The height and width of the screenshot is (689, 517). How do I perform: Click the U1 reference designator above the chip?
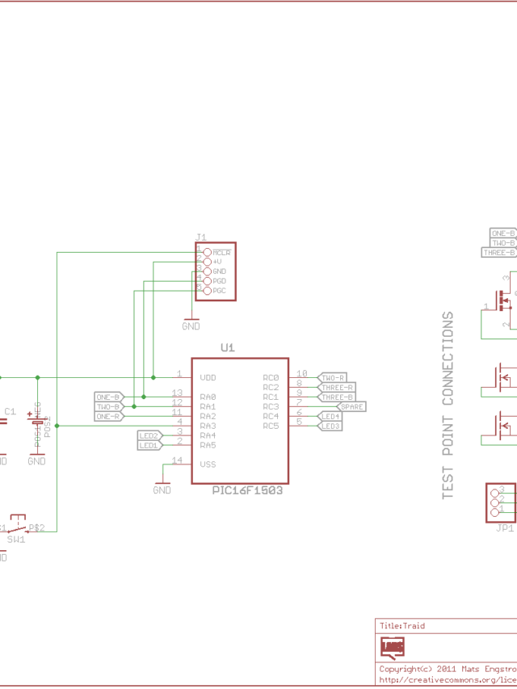pos(228,347)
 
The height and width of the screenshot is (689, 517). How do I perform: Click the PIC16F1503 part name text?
pos(247,490)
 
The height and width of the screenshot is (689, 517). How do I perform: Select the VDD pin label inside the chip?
pos(208,377)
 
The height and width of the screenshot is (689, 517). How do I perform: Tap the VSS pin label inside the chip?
pos(208,464)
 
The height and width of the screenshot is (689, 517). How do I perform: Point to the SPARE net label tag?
pos(351,406)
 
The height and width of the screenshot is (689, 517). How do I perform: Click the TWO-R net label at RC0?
pos(333,377)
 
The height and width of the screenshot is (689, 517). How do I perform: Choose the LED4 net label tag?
pos(330,416)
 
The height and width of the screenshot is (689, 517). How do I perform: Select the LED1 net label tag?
pos(149,445)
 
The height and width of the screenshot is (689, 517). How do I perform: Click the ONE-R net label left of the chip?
pos(108,416)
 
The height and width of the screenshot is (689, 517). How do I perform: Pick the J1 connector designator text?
pos(201,237)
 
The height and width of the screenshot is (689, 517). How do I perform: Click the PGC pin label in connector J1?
pos(219,290)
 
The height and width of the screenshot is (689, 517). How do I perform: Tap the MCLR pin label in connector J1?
pos(221,253)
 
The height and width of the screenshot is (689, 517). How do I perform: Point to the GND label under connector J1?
pos(191,326)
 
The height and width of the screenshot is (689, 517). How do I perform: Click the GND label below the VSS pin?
pos(162,490)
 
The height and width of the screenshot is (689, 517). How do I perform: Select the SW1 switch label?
pos(16,539)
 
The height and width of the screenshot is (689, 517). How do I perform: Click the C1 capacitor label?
pos(10,412)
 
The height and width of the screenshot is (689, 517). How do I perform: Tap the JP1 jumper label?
pos(505,528)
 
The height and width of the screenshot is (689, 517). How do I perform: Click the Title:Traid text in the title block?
pos(402,625)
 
